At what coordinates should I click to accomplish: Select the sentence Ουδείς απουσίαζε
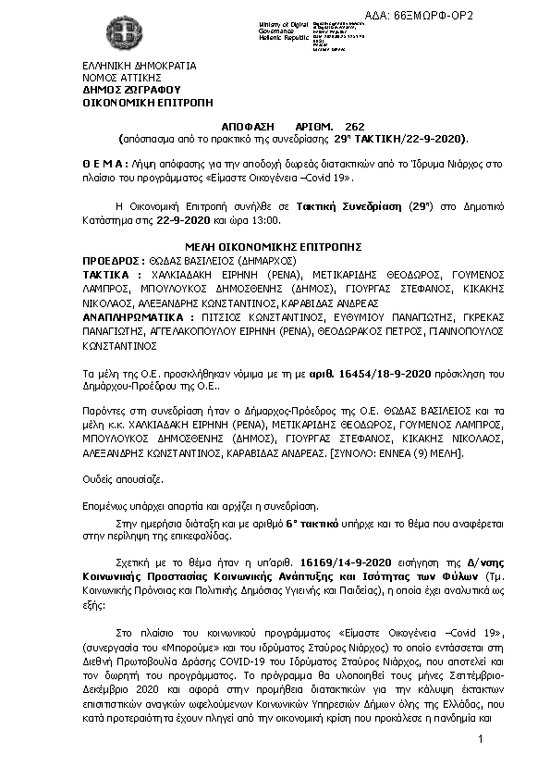[x=124, y=481]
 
